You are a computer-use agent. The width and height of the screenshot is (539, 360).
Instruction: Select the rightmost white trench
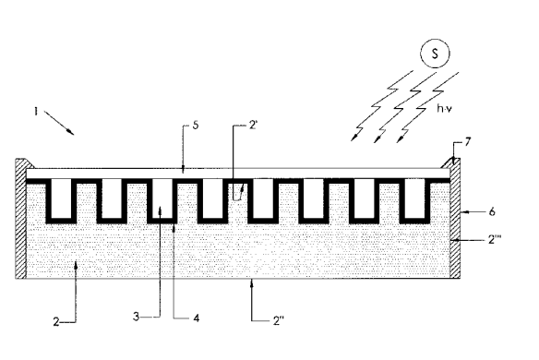[x=407, y=198]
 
